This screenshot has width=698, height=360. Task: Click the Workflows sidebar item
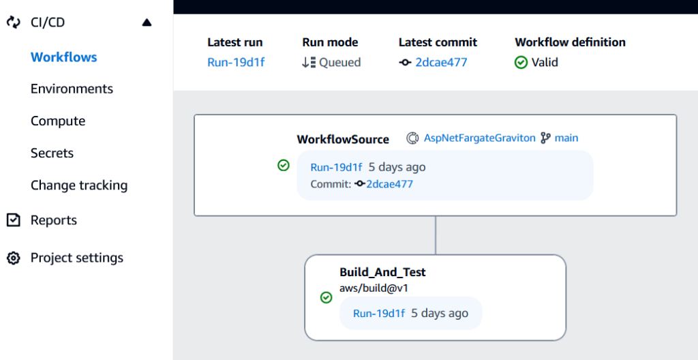tap(64, 57)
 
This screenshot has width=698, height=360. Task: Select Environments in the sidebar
tap(72, 89)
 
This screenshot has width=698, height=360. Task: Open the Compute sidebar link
tap(58, 121)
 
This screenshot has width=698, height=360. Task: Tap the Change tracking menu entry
tap(79, 185)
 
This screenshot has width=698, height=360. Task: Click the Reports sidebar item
tap(54, 220)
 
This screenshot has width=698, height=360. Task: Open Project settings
tap(77, 258)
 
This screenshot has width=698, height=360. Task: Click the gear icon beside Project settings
tap(13, 258)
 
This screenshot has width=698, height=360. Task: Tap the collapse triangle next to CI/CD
tap(147, 22)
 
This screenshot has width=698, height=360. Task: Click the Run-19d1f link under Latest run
tap(236, 62)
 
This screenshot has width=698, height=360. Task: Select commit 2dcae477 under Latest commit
tap(441, 62)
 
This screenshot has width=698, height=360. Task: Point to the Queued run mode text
tap(339, 62)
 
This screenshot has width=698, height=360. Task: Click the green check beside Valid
tap(521, 62)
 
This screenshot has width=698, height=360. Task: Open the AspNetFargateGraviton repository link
tap(480, 138)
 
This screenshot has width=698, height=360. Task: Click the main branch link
tap(566, 138)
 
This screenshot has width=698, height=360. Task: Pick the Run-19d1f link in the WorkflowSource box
tap(336, 167)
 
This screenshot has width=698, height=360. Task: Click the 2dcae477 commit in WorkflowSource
tap(389, 183)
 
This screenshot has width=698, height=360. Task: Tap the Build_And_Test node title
tap(382, 272)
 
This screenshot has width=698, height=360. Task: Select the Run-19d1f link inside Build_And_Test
tap(379, 313)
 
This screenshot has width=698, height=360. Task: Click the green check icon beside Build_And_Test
tap(326, 297)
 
